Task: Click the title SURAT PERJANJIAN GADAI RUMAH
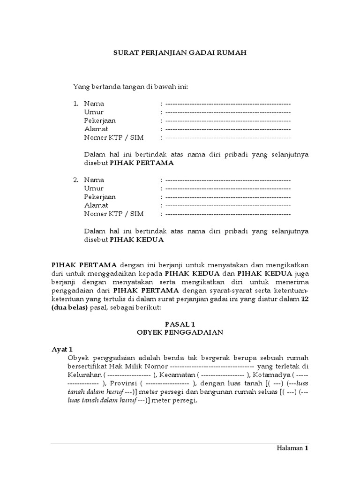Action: [x=180, y=53]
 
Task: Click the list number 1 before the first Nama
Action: [x=75, y=104]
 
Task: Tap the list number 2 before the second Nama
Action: [x=75, y=180]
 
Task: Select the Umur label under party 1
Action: [x=94, y=112]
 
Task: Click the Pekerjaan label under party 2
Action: [x=100, y=197]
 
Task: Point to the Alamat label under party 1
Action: [x=96, y=129]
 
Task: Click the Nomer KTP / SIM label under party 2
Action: [x=114, y=214]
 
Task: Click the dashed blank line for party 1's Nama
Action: [x=228, y=104]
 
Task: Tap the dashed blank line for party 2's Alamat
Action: [x=228, y=205]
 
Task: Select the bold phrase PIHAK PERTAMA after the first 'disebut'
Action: [x=142, y=163]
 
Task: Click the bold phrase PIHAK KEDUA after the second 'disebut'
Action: [x=136, y=240]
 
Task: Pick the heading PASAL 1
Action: [x=180, y=324]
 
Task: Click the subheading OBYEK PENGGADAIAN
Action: [x=180, y=332]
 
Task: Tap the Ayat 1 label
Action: [x=62, y=350]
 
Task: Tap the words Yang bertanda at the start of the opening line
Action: [x=92, y=87]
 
